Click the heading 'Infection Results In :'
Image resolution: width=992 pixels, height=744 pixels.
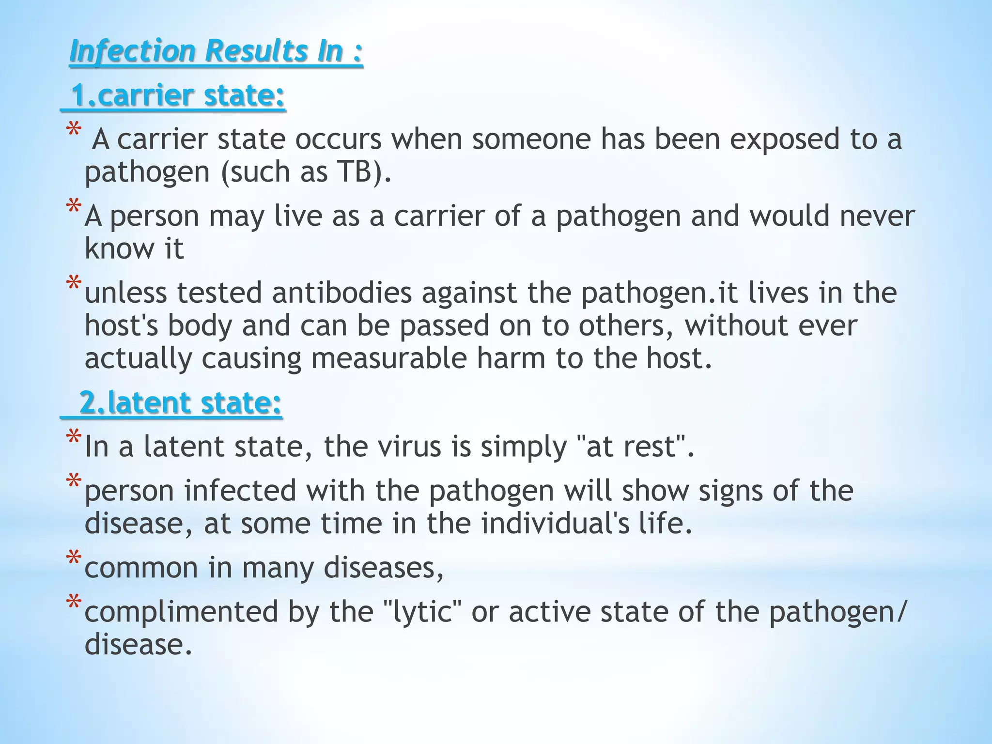point(216,51)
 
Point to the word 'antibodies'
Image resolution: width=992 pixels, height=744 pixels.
point(342,293)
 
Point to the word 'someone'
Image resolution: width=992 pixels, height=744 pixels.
point(531,139)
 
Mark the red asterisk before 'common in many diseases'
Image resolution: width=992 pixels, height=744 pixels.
point(74,559)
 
